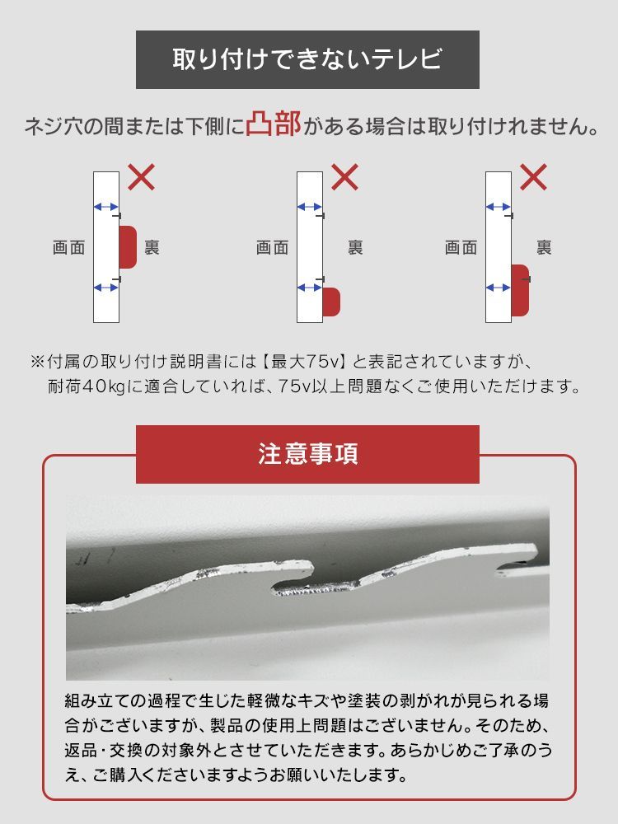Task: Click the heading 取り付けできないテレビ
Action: [307, 59]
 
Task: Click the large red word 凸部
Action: [274, 124]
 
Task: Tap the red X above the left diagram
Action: [142, 177]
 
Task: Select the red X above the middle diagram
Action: [344, 177]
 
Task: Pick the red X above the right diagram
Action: [533, 177]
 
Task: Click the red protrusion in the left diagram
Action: [128, 247]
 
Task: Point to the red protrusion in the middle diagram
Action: [331, 302]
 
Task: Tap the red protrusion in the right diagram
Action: [520, 291]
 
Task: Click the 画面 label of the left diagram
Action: [69, 247]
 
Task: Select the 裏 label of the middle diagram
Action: [356, 247]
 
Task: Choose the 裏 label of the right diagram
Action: [545, 247]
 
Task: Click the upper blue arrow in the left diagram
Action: [106, 207]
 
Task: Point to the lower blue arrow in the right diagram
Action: [499, 288]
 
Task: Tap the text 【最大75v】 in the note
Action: [304, 362]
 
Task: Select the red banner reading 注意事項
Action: [307, 454]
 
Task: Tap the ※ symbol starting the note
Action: [38, 362]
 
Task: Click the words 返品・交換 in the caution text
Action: [96, 750]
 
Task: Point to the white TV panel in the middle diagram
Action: [310, 247]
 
